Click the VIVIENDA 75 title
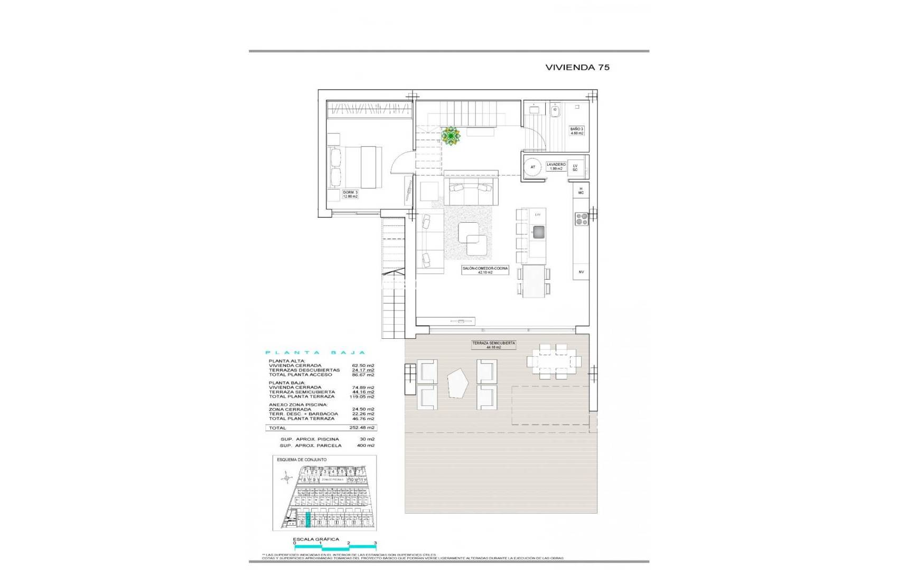pyautogui.click(x=577, y=68)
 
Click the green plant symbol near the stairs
pyautogui.click(x=451, y=136)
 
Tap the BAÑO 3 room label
pyautogui.click(x=576, y=131)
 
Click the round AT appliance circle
pyautogui.click(x=532, y=167)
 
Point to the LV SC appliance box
pyautogui.click(x=575, y=167)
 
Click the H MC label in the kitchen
pyautogui.click(x=581, y=191)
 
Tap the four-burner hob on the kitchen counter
pyautogui.click(x=581, y=218)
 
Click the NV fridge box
pyautogui.click(x=581, y=272)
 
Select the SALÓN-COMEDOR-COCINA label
pyautogui.click(x=485, y=270)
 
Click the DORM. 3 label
pyautogui.click(x=350, y=194)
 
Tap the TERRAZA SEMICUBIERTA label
pyautogui.click(x=494, y=345)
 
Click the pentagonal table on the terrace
pyautogui.click(x=457, y=383)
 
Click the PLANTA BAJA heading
pyautogui.click(x=315, y=353)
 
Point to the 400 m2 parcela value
pyautogui.click(x=365, y=445)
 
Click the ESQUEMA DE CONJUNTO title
pyautogui.click(x=302, y=460)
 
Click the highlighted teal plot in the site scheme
pyautogui.click(x=308, y=519)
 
